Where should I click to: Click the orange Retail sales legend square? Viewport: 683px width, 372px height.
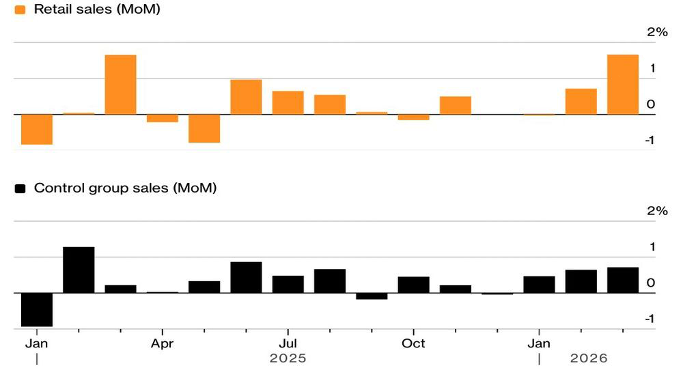tap(20, 10)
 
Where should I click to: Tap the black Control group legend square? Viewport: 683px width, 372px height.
tap(20, 188)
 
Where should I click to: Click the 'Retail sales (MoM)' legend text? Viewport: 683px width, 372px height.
tap(97, 9)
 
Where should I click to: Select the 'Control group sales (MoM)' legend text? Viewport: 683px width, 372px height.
tap(126, 188)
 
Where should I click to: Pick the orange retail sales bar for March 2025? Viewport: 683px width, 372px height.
tap(121, 85)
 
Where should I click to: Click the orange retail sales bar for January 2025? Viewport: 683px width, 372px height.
tap(37, 129)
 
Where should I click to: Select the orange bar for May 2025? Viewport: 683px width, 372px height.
tap(204, 128)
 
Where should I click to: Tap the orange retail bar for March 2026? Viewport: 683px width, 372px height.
tap(623, 85)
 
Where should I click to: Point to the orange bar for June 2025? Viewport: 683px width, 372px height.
tap(246, 97)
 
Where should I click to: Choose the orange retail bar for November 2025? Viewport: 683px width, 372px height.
tap(456, 105)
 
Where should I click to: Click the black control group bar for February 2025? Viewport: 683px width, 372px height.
tap(79, 270)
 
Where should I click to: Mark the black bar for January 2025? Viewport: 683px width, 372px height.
tap(37, 310)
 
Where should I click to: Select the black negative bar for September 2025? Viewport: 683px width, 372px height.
tap(372, 296)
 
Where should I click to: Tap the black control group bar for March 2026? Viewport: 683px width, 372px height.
tap(623, 281)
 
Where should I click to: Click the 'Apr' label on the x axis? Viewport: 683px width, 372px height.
tap(162, 344)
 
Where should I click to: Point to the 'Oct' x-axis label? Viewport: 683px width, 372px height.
tap(413, 343)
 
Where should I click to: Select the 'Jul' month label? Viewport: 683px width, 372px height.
tap(288, 343)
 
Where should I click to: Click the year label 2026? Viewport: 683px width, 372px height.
tap(589, 358)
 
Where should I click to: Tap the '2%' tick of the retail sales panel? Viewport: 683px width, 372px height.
tap(657, 32)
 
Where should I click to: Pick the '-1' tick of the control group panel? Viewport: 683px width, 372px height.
tap(650, 319)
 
